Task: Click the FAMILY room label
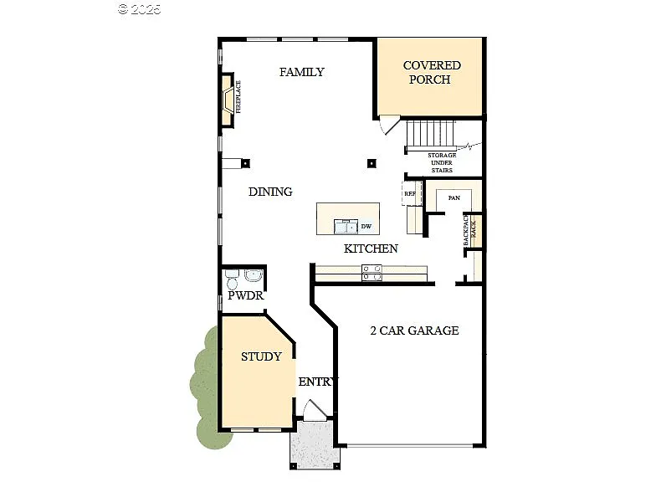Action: (x=301, y=72)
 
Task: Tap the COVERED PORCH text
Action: (x=431, y=73)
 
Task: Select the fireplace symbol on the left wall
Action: (x=228, y=99)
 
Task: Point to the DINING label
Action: (x=270, y=192)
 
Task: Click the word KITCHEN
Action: (x=371, y=249)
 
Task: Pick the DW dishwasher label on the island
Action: (x=366, y=226)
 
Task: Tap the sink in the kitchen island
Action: (x=345, y=226)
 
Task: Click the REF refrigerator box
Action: (x=410, y=194)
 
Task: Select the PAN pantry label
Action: (x=454, y=197)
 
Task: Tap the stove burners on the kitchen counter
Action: (x=372, y=271)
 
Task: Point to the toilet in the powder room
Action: (x=232, y=280)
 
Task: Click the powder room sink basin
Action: (x=254, y=275)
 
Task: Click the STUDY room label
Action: (x=261, y=356)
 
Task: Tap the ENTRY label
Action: (x=317, y=382)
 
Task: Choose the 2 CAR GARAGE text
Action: (x=414, y=331)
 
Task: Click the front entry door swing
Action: (x=315, y=410)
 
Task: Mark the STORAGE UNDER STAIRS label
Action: (x=441, y=163)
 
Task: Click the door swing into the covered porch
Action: (x=386, y=126)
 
